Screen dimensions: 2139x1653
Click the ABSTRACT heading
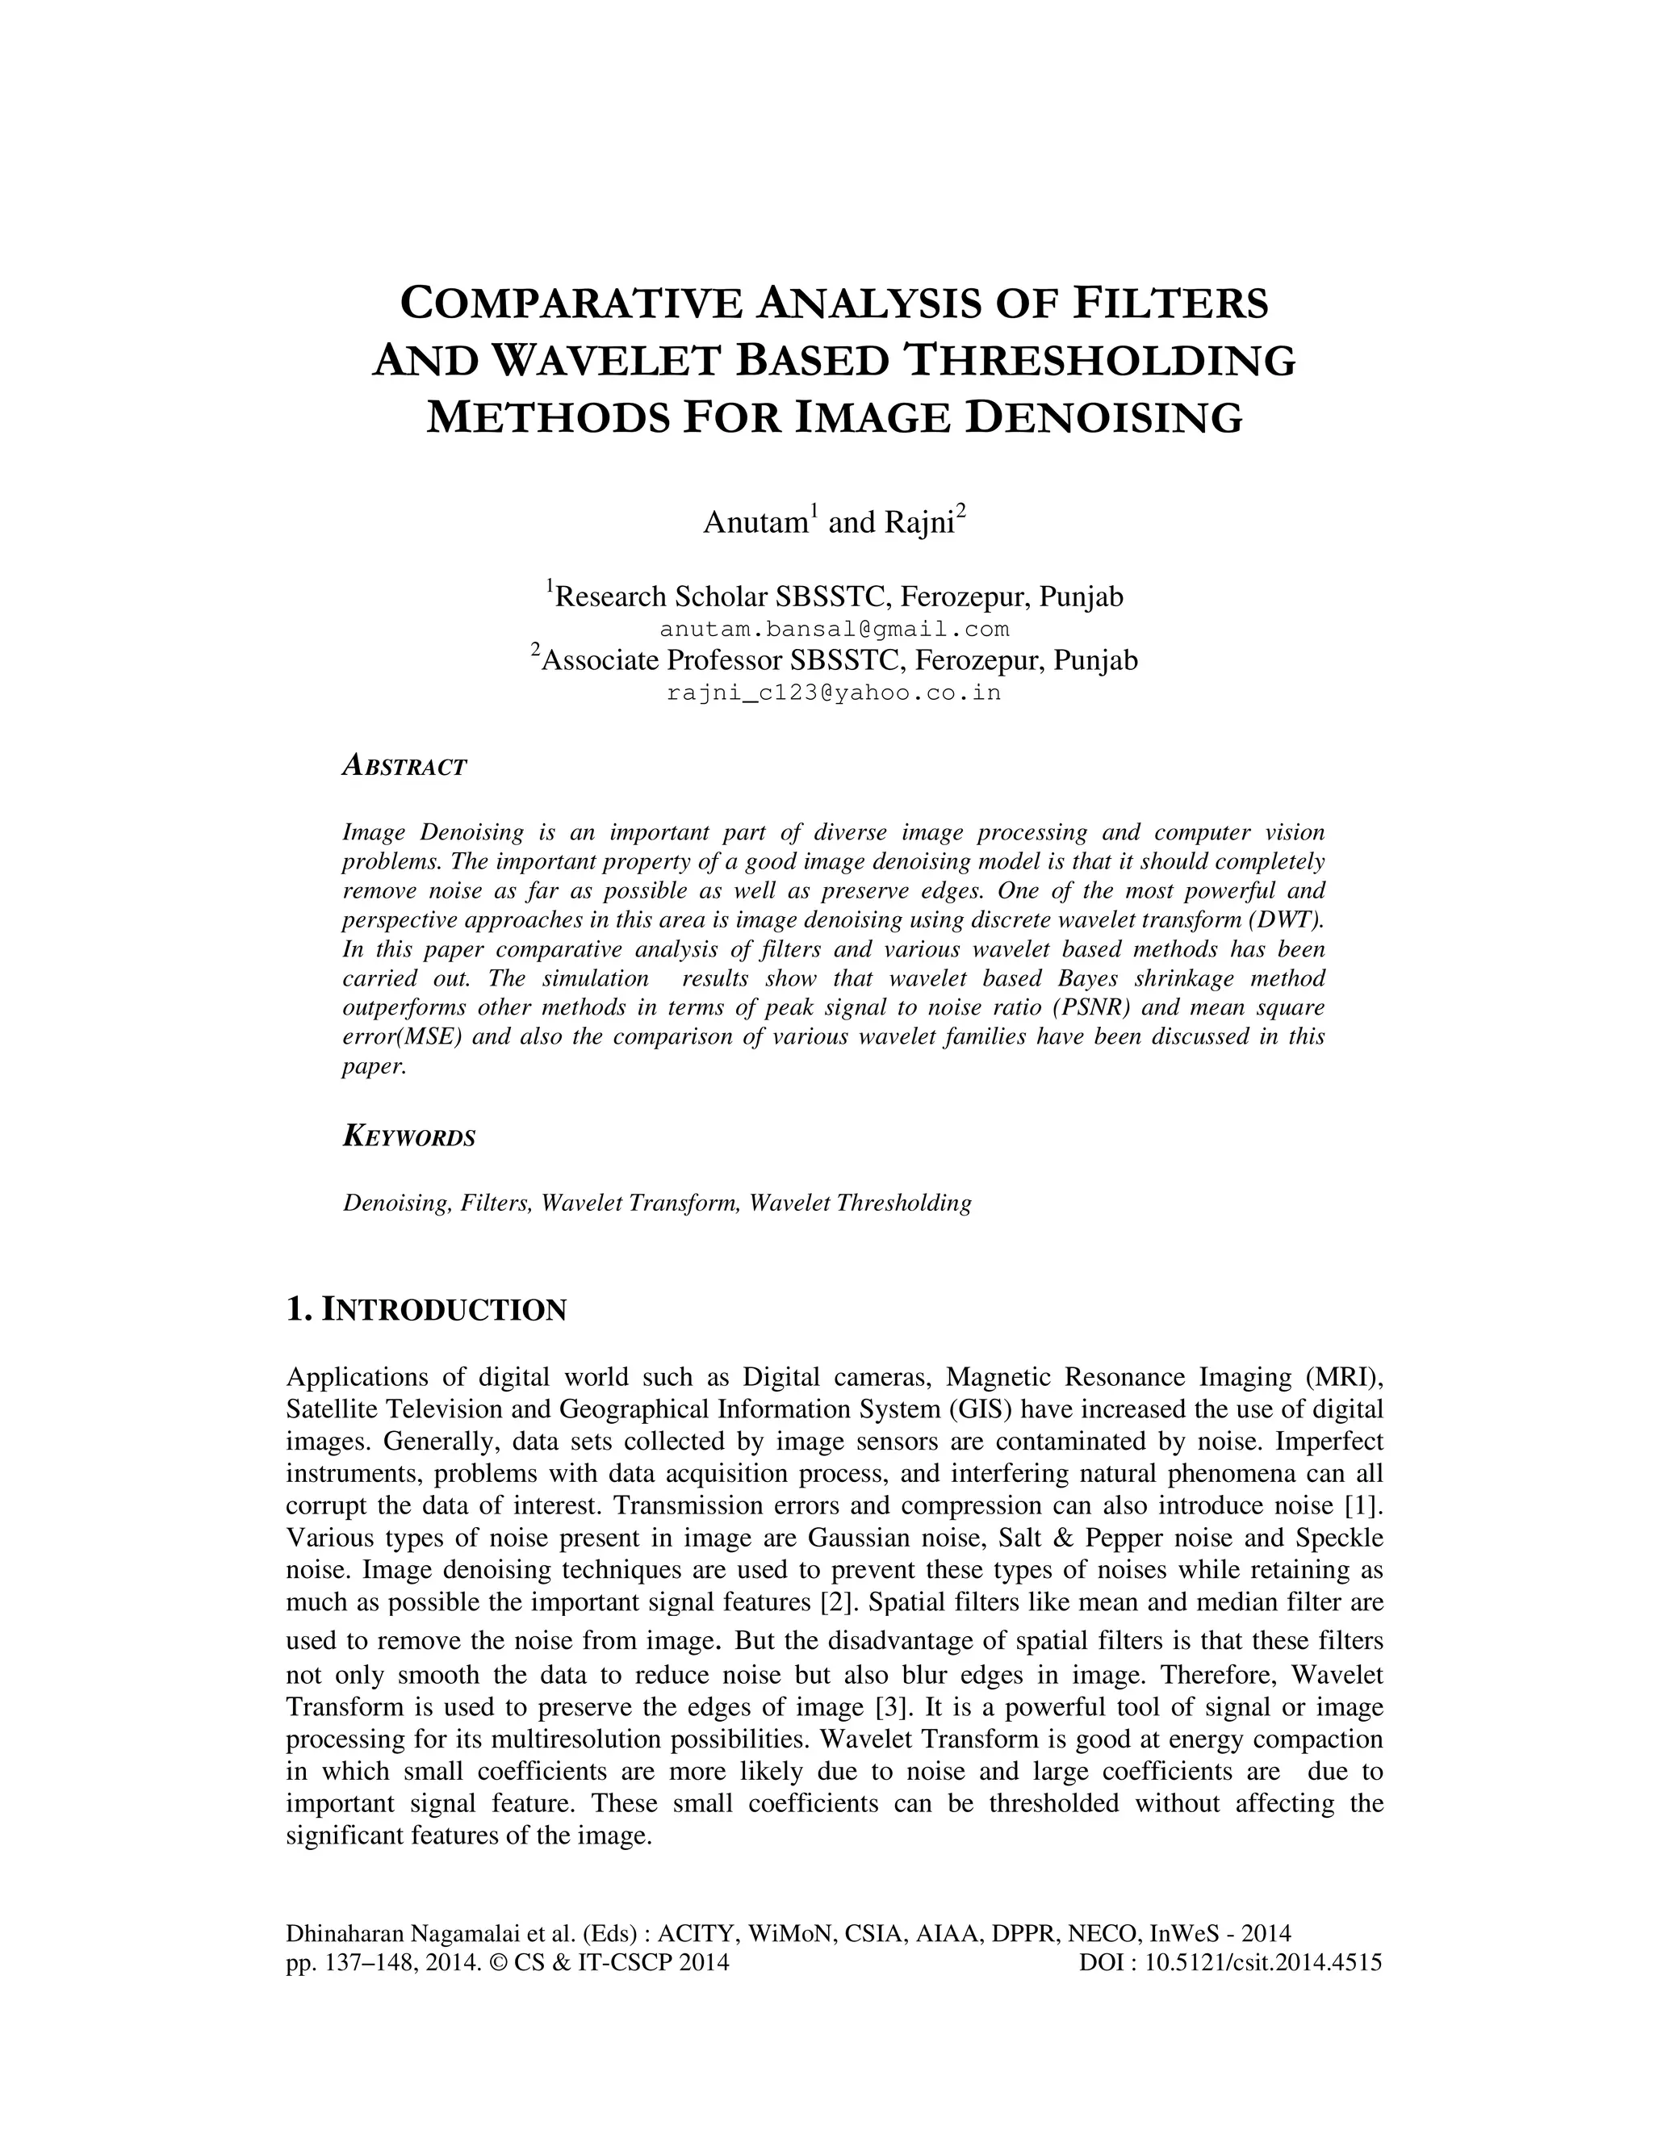(404, 767)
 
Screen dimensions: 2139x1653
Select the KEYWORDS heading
(409, 1137)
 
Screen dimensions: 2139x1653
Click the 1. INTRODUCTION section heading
(426, 1309)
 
